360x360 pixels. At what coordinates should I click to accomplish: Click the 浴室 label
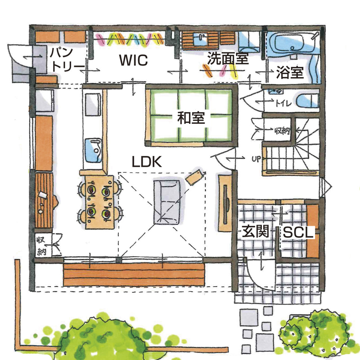pos(290,73)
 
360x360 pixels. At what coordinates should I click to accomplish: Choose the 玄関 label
pos(255,232)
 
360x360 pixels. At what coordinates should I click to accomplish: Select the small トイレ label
pos(283,103)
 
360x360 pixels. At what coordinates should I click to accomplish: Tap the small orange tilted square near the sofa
pos(195,176)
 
